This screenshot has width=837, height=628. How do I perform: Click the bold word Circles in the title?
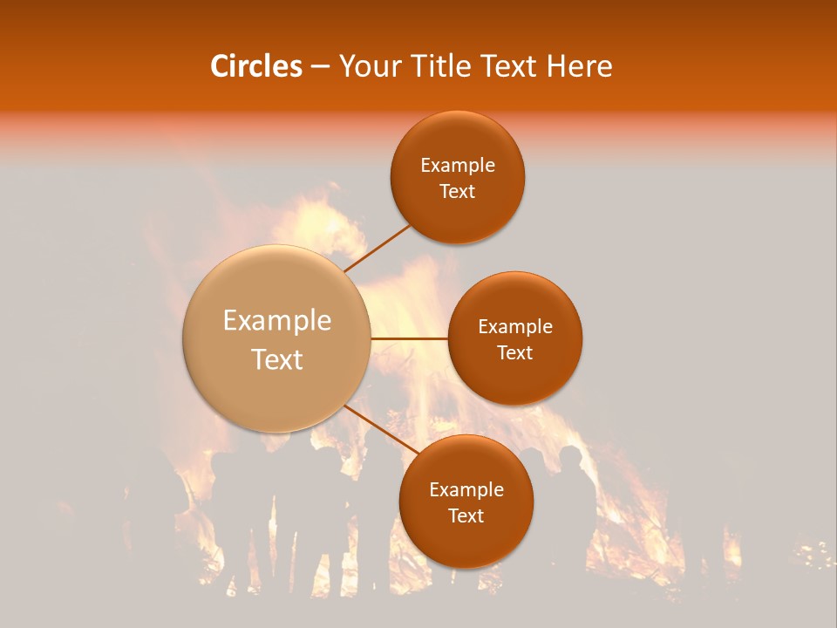255,66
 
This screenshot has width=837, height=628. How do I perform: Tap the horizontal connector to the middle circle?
409,338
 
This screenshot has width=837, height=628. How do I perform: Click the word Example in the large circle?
276,321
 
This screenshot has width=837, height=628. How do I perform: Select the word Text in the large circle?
276,359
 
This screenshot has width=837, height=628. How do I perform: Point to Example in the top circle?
458,166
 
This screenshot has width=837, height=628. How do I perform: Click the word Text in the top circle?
458,192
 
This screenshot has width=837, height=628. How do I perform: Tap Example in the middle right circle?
515,327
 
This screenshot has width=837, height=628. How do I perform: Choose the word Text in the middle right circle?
515,353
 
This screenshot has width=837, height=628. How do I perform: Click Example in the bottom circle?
466,490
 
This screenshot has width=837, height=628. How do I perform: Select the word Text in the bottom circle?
466,516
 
